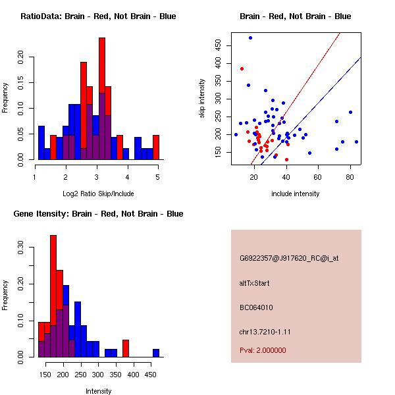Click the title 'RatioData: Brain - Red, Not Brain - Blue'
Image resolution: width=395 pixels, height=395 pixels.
pyautogui.click(x=98, y=16)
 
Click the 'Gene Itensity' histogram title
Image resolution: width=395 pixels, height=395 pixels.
pyautogui.click(x=98, y=213)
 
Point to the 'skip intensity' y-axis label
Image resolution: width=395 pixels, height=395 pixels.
pyautogui.click(x=202, y=99)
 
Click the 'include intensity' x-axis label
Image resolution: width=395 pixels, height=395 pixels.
pyautogui.click(x=296, y=194)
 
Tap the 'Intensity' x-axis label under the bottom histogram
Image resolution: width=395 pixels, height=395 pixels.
pyautogui.click(x=98, y=391)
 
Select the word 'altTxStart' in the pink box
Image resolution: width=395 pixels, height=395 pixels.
pyautogui.click(x=255, y=283)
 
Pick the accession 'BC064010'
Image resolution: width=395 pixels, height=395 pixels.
pyautogui.click(x=256, y=307)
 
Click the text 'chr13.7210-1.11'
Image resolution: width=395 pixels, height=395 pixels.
pyautogui.click(x=265, y=331)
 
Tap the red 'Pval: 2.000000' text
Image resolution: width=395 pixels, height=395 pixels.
pyautogui.click(x=263, y=350)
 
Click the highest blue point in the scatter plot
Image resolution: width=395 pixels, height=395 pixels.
pyautogui.click(x=250, y=38)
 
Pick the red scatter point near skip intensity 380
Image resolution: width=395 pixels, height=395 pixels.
pyautogui.click(x=242, y=68)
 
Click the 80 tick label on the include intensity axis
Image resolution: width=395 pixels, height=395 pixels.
pyautogui.click(x=350, y=177)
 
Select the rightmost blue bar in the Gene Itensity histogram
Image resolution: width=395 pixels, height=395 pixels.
pyautogui.click(x=156, y=353)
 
